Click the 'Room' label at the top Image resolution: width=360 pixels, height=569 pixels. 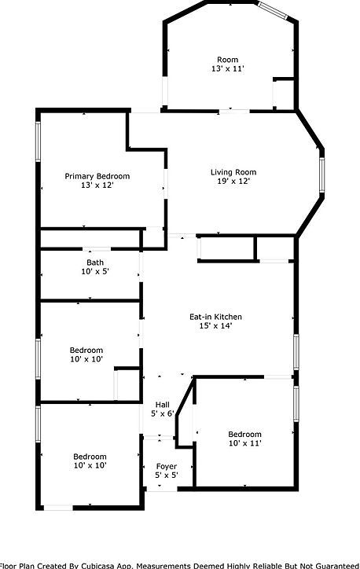click(227, 59)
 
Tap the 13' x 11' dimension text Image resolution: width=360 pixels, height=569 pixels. click(227, 69)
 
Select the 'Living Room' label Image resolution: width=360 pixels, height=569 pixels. click(233, 172)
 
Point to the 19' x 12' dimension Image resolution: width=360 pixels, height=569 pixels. click(233, 182)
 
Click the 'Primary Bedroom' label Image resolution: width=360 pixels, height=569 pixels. click(97, 176)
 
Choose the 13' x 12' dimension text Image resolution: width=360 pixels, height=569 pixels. click(97, 186)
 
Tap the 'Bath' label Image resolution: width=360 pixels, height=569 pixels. click(95, 262)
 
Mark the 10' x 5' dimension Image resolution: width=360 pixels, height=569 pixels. click(95, 272)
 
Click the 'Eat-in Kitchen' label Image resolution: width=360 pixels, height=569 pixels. click(215, 317)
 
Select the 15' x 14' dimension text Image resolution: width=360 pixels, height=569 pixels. click(215, 327)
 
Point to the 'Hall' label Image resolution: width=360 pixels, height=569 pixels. click(162, 404)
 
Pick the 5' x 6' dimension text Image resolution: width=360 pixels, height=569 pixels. click(162, 413)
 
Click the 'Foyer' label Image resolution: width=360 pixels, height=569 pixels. click(166, 466)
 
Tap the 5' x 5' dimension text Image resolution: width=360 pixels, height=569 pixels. click(166, 475)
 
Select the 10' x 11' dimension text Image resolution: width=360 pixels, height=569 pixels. click(244, 444)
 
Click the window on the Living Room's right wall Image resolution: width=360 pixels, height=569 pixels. click(321, 174)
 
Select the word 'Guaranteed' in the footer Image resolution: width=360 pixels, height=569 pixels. click(333, 565)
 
